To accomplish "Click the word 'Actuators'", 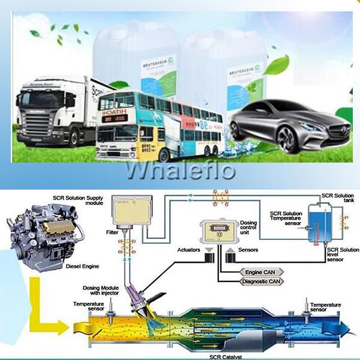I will (190, 248).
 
